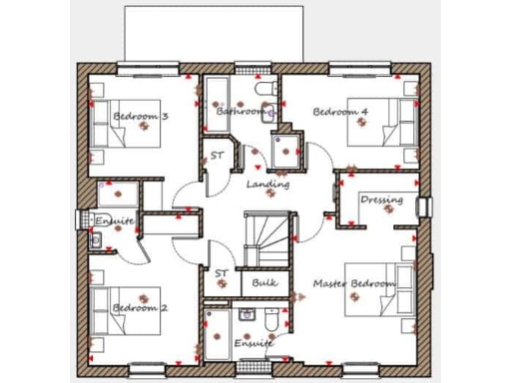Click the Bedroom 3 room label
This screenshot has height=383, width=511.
[140, 117]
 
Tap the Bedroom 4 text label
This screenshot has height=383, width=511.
[340, 112]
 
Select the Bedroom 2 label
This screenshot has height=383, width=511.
[140, 308]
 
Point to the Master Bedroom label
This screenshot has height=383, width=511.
[354, 284]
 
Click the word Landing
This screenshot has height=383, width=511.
[267, 185]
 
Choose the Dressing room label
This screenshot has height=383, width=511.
[381, 199]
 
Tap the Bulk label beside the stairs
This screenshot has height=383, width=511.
[264, 283]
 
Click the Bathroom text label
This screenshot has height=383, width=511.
[241, 112]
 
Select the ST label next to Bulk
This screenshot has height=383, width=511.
[221, 272]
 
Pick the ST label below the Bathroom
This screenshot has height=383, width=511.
[217, 156]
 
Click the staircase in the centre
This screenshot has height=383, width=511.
[267, 239]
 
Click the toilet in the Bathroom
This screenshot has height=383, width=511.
[264, 91]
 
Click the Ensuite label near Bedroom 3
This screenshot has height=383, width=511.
[115, 219]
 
